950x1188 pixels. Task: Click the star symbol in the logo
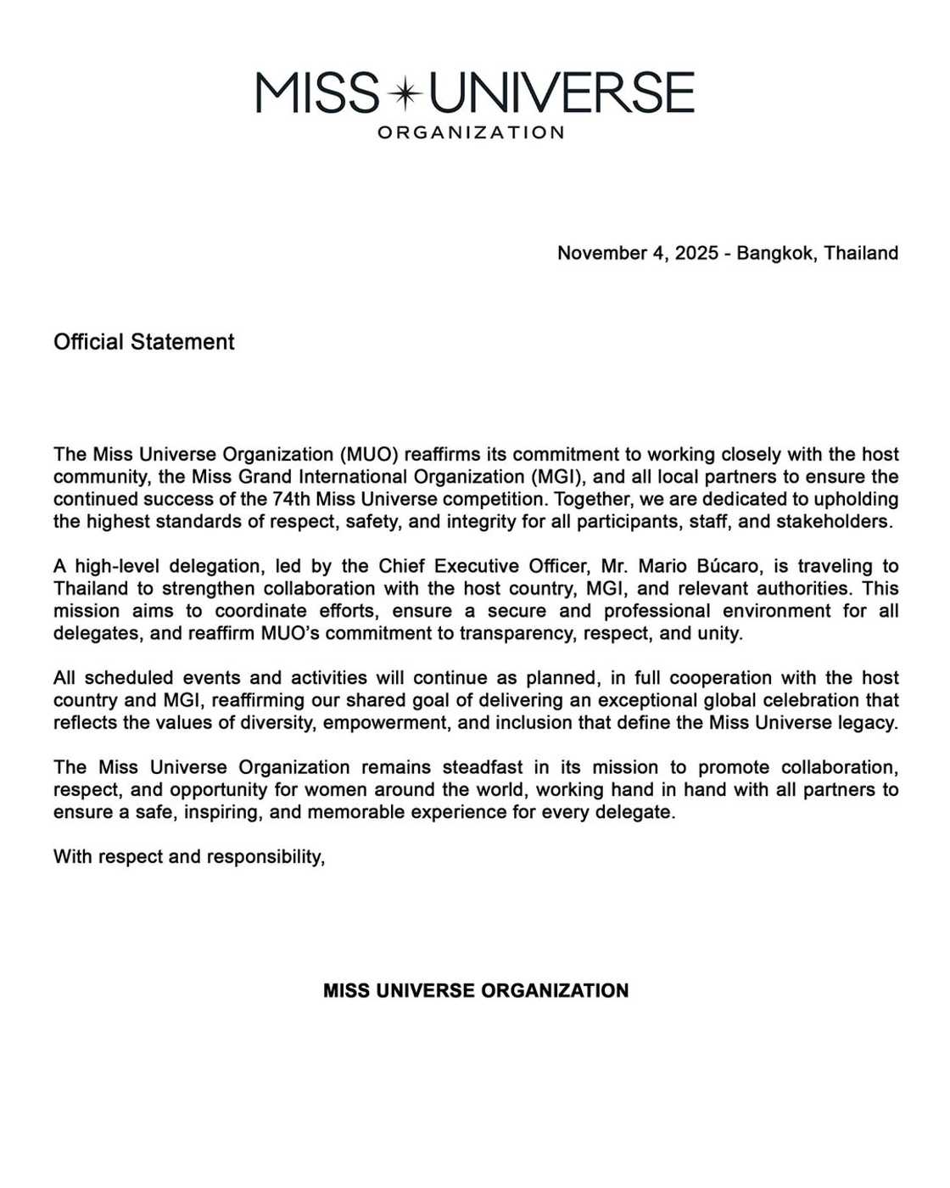pyautogui.click(x=405, y=93)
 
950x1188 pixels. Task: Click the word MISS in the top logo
pyautogui.click(x=317, y=93)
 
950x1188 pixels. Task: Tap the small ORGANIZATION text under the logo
pyautogui.click(x=471, y=132)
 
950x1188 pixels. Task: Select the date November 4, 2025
pyautogui.click(x=637, y=253)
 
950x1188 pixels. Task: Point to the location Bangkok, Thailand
pyautogui.click(x=817, y=253)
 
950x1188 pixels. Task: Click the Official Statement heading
pyautogui.click(x=143, y=342)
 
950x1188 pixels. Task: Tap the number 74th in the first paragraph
pyautogui.click(x=291, y=499)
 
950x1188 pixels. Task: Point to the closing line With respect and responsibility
pyautogui.click(x=189, y=857)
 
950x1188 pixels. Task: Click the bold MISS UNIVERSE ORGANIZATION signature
pyautogui.click(x=476, y=991)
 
